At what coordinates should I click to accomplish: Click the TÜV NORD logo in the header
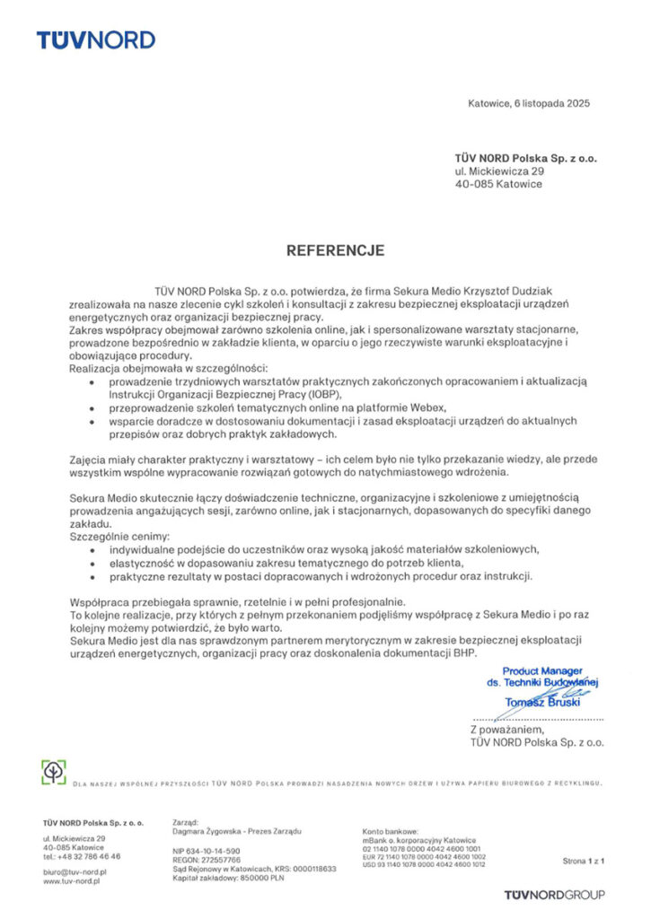(95, 39)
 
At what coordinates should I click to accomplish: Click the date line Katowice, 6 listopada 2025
(529, 103)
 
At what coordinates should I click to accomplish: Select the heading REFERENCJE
(336, 250)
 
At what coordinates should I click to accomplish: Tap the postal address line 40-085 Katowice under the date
(498, 184)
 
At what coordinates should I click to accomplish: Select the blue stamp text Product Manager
(542, 670)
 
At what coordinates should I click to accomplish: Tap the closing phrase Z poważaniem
(508, 730)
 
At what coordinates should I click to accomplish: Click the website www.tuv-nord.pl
(71, 881)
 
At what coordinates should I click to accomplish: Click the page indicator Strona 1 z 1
(584, 861)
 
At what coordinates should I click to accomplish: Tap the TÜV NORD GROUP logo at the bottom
(554, 894)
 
